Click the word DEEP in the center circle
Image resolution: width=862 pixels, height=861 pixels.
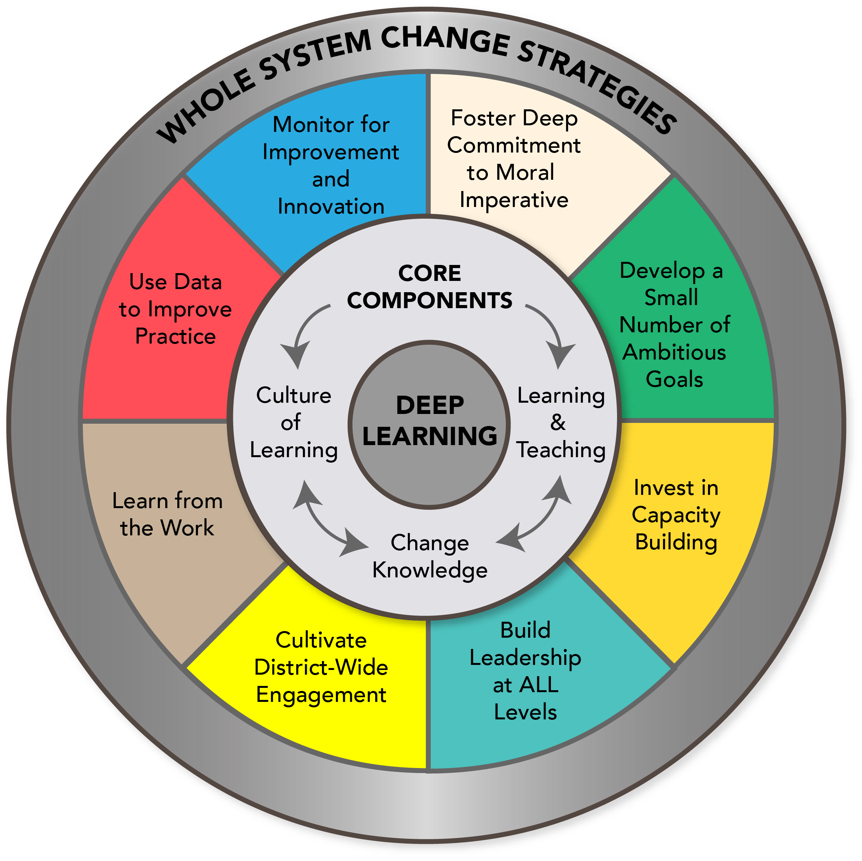click(430, 405)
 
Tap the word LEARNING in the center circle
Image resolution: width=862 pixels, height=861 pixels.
click(430, 436)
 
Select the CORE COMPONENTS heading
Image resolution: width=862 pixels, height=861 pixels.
click(430, 287)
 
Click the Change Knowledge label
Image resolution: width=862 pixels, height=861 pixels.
click(430, 557)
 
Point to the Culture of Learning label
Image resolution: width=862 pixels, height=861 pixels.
click(294, 422)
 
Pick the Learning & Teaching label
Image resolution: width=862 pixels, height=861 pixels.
click(561, 422)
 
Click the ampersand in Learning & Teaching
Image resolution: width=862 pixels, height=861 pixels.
click(558, 422)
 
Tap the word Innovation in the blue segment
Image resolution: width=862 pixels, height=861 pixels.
click(330, 207)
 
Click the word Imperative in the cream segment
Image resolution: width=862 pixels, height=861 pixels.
click(514, 200)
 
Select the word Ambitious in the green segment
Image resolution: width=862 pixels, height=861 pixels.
click(674, 352)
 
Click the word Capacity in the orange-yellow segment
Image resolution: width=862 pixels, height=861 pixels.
click(676, 515)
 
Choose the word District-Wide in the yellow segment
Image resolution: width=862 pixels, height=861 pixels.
click(321, 668)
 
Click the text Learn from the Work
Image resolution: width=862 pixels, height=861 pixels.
click(167, 514)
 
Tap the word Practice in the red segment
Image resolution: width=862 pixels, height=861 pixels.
click(175, 336)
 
